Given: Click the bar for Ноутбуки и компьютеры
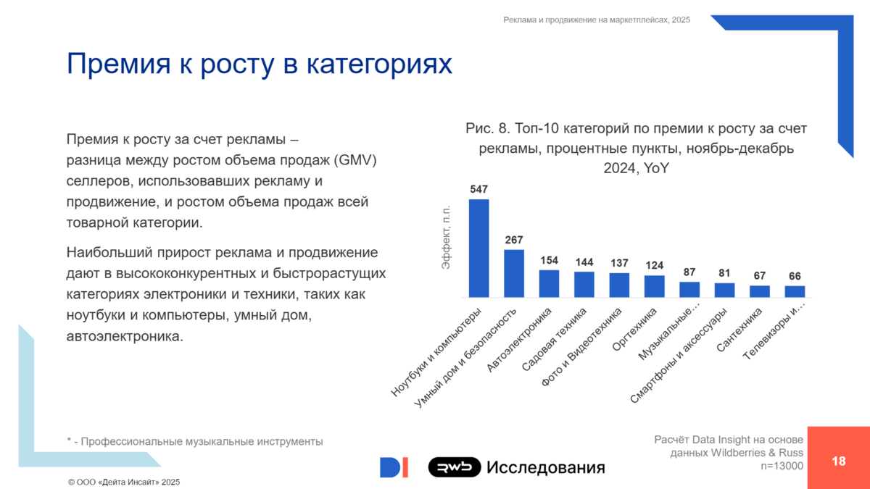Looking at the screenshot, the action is pyautogui.click(x=478, y=248).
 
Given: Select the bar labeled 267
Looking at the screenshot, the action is pyautogui.click(x=514, y=274).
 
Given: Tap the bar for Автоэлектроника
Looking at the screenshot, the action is pyautogui.click(x=549, y=284).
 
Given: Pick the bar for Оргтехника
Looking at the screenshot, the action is pyautogui.click(x=654, y=286).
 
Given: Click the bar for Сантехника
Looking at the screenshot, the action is pyautogui.click(x=759, y=291).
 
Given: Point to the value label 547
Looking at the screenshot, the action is pyautogui.click(x=478, y=189).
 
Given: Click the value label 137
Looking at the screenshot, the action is pyautogui.click(x=619, y=263).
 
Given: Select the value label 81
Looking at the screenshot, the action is pyautogui.click(x=724, y=273).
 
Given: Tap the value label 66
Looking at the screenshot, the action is pyautogui.click(x=795, y=276).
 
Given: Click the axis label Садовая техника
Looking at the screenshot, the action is pyautogui.click(x=554, y=339).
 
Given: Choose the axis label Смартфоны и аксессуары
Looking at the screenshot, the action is pyautogui.click(x=678, y=355).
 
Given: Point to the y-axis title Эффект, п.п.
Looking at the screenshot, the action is pyautogui.click(x=446, y=237).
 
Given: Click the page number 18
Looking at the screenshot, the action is pyautogui.click(x=839, y=461).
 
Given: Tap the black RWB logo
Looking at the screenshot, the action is pyautogui.click(x=455, y=467).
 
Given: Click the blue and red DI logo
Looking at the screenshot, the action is pyautogui.click(x=394, y=467).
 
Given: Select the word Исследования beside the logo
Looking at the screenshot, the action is pyautogui.click(x=546, y=467).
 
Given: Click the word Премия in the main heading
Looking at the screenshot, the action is pyautogui.click(x=118, y=63).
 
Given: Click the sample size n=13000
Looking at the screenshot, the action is pyautogui.click(x=782, y=466).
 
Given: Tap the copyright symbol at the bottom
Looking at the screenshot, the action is pyautogui.click(x=71, y=482).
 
